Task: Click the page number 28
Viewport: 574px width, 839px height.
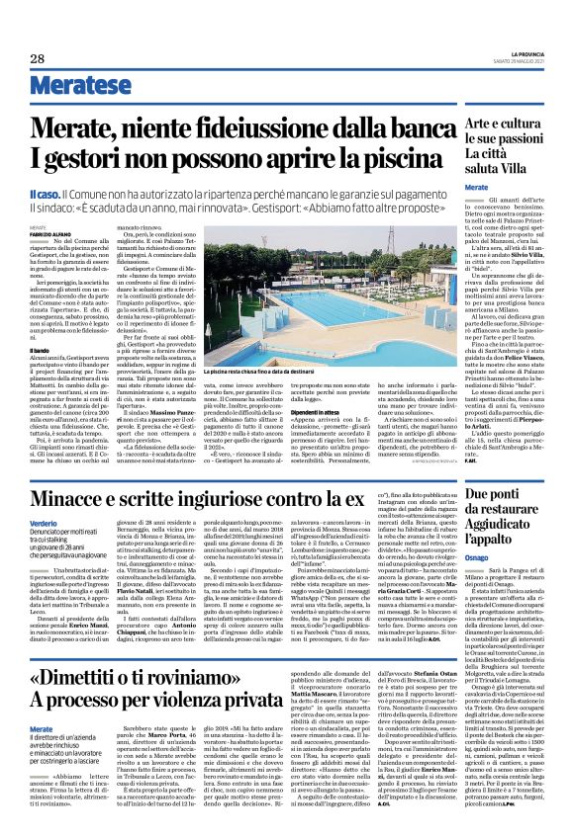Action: click(x=37, y=59)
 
